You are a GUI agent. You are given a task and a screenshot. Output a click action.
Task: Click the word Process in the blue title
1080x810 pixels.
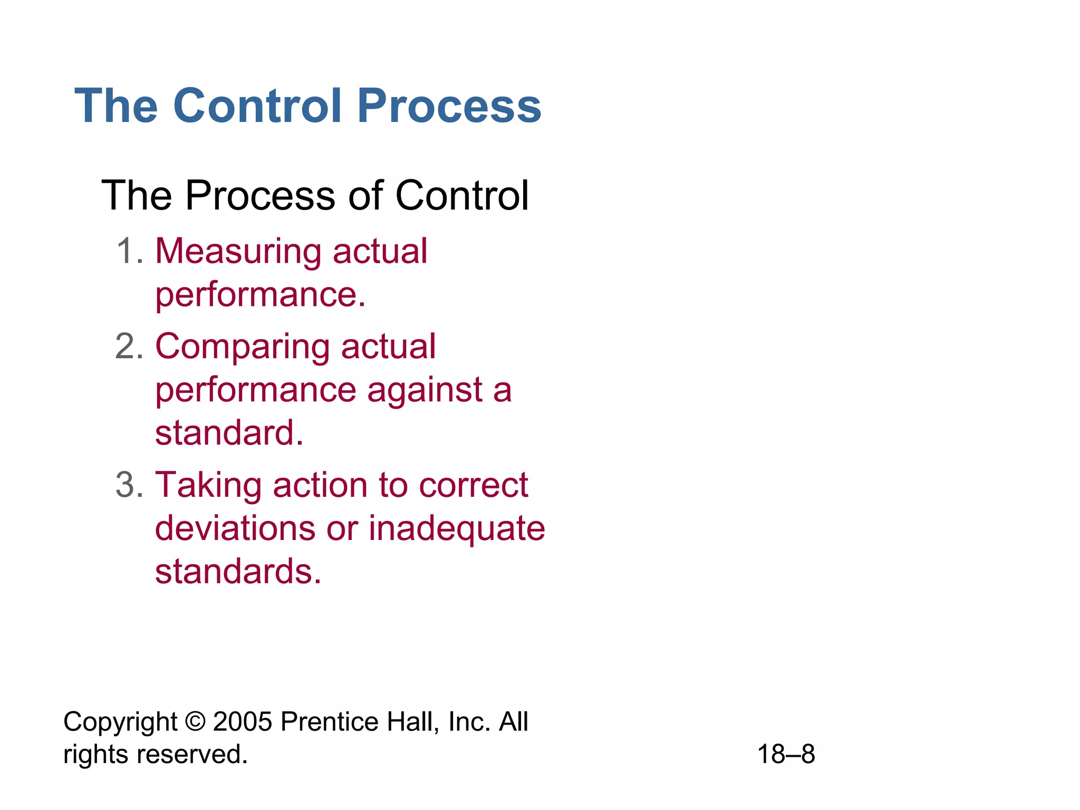(x=449, y=106)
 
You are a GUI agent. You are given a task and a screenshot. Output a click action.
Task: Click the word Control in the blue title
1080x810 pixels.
(x=257, y=106)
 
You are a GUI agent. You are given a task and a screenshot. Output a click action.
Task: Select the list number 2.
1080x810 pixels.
(x=129, y=347)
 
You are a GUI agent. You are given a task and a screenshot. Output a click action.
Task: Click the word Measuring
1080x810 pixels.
(x=238, y=252)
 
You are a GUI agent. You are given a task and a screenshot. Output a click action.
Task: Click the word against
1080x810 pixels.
(x=425, y=391)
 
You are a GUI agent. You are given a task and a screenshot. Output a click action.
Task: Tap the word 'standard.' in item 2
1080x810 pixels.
(x=229, y=433)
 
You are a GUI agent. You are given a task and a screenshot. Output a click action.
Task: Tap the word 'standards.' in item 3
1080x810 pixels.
(x=238, y=572)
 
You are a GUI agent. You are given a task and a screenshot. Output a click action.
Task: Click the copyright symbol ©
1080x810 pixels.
(x=195, y=721)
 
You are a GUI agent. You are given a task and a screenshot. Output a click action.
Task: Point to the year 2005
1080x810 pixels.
(x=243, y=721)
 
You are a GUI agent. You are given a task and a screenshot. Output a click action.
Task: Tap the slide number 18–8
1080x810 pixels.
(x=786, y=754)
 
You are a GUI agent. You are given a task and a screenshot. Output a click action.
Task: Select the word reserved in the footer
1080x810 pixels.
(x=192, y=754)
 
